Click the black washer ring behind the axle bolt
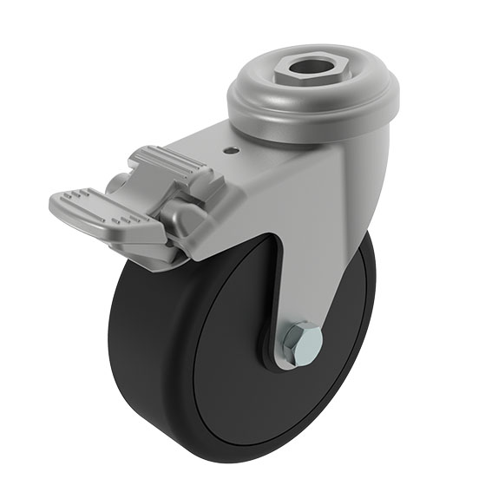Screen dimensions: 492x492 coord(276,351)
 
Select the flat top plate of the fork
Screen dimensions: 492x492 coord(200,148)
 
